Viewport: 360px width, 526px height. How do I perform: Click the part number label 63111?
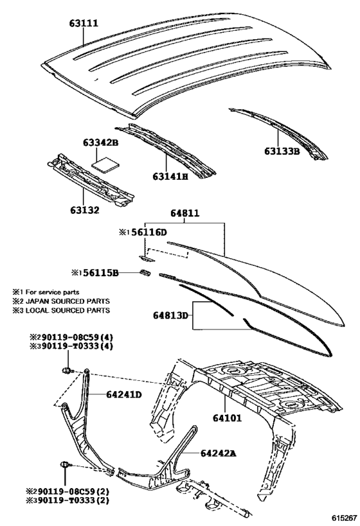(84, 24)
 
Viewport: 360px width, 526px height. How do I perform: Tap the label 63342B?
(101, 143)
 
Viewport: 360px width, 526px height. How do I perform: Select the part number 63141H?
(170, 176)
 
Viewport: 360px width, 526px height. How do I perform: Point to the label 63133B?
(282, 152)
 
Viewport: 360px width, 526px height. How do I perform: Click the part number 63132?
(85, 210)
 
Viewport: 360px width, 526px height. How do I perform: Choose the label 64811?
(184, 213)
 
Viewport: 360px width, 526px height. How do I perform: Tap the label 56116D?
(148, 232)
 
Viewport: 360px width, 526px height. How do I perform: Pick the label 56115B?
(101, 273)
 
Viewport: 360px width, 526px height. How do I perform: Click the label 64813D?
(170, 315)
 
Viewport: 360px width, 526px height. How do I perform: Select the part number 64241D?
(124, 394)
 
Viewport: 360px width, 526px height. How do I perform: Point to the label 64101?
(227, 418)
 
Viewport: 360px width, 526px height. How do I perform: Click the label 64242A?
(219, 453)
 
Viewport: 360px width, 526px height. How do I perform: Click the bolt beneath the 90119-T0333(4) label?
(67, 371)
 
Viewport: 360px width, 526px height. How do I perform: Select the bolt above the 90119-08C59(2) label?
(65, 465)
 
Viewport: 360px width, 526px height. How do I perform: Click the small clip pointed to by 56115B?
(145, 272)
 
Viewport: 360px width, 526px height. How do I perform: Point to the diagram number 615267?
(344, 518)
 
